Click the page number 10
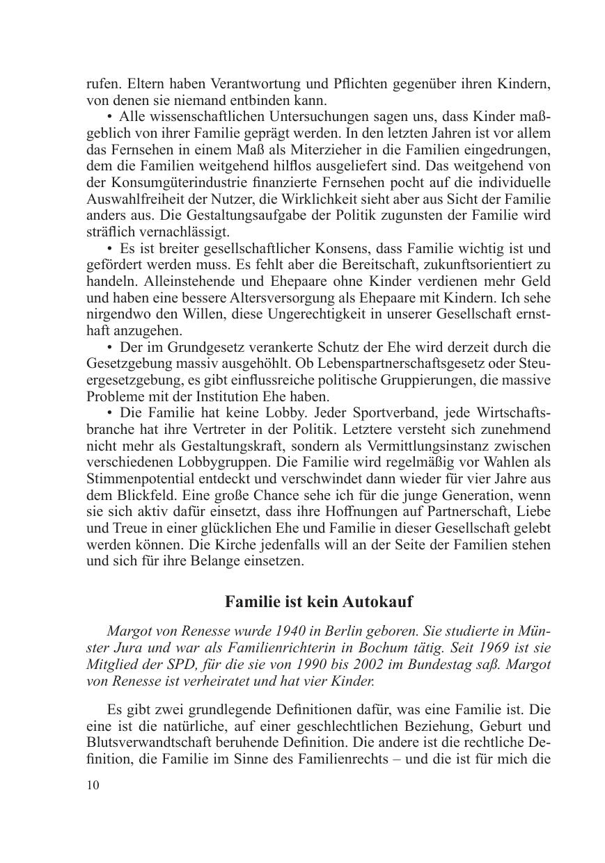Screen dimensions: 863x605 pos(93,784)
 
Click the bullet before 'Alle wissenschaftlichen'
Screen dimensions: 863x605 pos(110,116)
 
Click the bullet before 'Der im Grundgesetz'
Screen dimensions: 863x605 pos(110,346)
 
